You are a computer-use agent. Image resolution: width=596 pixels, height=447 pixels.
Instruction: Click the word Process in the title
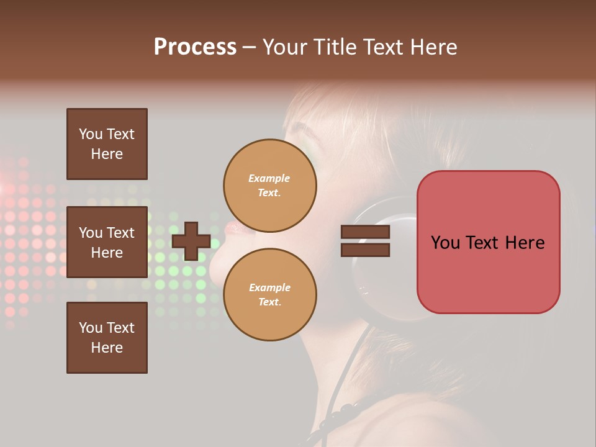click(195, 47)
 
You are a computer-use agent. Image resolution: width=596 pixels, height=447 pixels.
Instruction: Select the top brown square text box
click(107, 144)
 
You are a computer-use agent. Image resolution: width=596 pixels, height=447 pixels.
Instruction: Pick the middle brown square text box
click(107, 242)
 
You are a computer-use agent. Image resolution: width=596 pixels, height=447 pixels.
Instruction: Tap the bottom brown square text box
click(107, 338)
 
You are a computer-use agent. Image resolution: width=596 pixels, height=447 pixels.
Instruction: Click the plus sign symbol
click(191, 241)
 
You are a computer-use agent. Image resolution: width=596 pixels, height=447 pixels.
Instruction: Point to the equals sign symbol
click(365, 241)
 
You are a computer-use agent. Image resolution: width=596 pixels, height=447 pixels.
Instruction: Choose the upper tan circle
click(270, 186)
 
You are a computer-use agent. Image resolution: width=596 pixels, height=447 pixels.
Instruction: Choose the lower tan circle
click(270, 295)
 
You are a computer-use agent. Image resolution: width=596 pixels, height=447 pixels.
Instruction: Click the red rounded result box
click(488, 242)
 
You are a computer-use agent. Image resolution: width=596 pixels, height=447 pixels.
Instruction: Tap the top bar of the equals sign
click(365, 232)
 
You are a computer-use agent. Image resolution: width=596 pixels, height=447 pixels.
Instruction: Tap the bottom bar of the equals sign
click(365, 250)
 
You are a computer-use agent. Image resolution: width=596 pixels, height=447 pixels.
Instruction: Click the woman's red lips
click(235, 228)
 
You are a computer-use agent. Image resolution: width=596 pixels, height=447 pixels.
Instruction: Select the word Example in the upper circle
click(269, 178)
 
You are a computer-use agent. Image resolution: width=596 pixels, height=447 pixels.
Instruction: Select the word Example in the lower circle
click(269, 287)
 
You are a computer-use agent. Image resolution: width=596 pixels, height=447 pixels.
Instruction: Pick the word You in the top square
click(90, 134)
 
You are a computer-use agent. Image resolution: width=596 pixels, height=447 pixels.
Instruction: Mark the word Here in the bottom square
click(107, 348)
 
